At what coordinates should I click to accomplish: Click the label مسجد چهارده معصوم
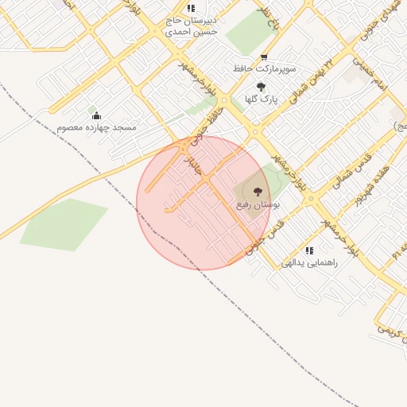tap(96, 127)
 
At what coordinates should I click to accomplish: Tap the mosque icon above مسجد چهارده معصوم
tap(97, 116)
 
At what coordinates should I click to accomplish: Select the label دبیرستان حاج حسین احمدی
tap(190, 26)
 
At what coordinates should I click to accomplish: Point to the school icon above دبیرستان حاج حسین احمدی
tap(191, 9)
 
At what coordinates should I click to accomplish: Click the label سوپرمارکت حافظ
tap(266, 69)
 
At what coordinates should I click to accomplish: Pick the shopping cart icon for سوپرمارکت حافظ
tap(265, 57)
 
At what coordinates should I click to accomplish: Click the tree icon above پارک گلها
tap(261, 87)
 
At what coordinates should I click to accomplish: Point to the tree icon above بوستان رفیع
tap(257, 192)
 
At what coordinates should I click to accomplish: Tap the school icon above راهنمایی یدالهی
tap(309, 251)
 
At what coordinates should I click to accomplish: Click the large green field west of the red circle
tap(64, 224)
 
